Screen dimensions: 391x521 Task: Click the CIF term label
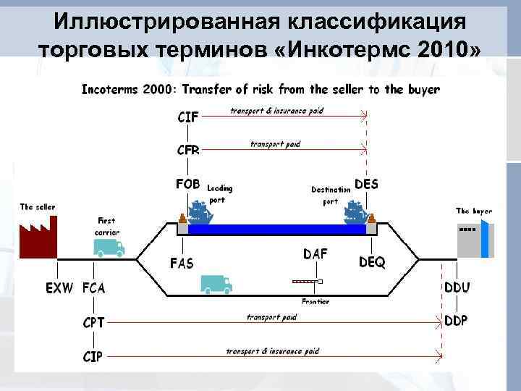[187, 115]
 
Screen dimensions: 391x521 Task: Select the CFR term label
[188, 151]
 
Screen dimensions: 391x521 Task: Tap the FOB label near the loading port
[188, 184]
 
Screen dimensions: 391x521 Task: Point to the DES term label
[366, 184]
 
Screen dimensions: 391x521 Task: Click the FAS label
[181, 263]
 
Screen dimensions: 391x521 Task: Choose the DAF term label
[315, 254]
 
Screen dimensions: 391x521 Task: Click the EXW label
[60, 287]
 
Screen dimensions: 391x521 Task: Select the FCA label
[94, 287]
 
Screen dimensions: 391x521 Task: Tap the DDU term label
[456, 287]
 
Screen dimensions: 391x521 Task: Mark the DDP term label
[456, 320]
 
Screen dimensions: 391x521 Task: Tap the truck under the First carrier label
[109, 248]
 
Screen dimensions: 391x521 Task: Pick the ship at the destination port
[355, 211]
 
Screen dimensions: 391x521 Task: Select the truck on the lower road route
[215, 284]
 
